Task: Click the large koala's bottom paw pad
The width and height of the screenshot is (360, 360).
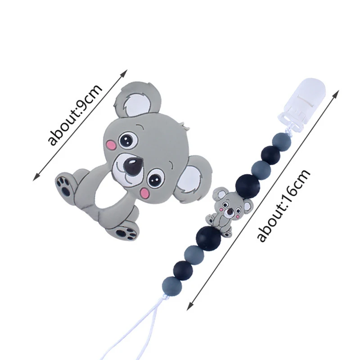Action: coord(126,231)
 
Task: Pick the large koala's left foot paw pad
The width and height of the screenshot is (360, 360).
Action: coord(63,185)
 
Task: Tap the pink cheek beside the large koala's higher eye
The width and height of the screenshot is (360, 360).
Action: coord(111,145)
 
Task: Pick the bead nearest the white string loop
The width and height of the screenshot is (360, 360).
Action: coord(172,287)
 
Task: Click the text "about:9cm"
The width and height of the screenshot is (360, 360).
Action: coord(75,115)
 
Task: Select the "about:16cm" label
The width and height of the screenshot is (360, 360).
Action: coord(284,206)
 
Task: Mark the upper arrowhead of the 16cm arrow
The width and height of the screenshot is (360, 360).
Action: coord(337,94)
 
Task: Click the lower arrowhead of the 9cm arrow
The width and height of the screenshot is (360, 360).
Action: coord(36,177)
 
